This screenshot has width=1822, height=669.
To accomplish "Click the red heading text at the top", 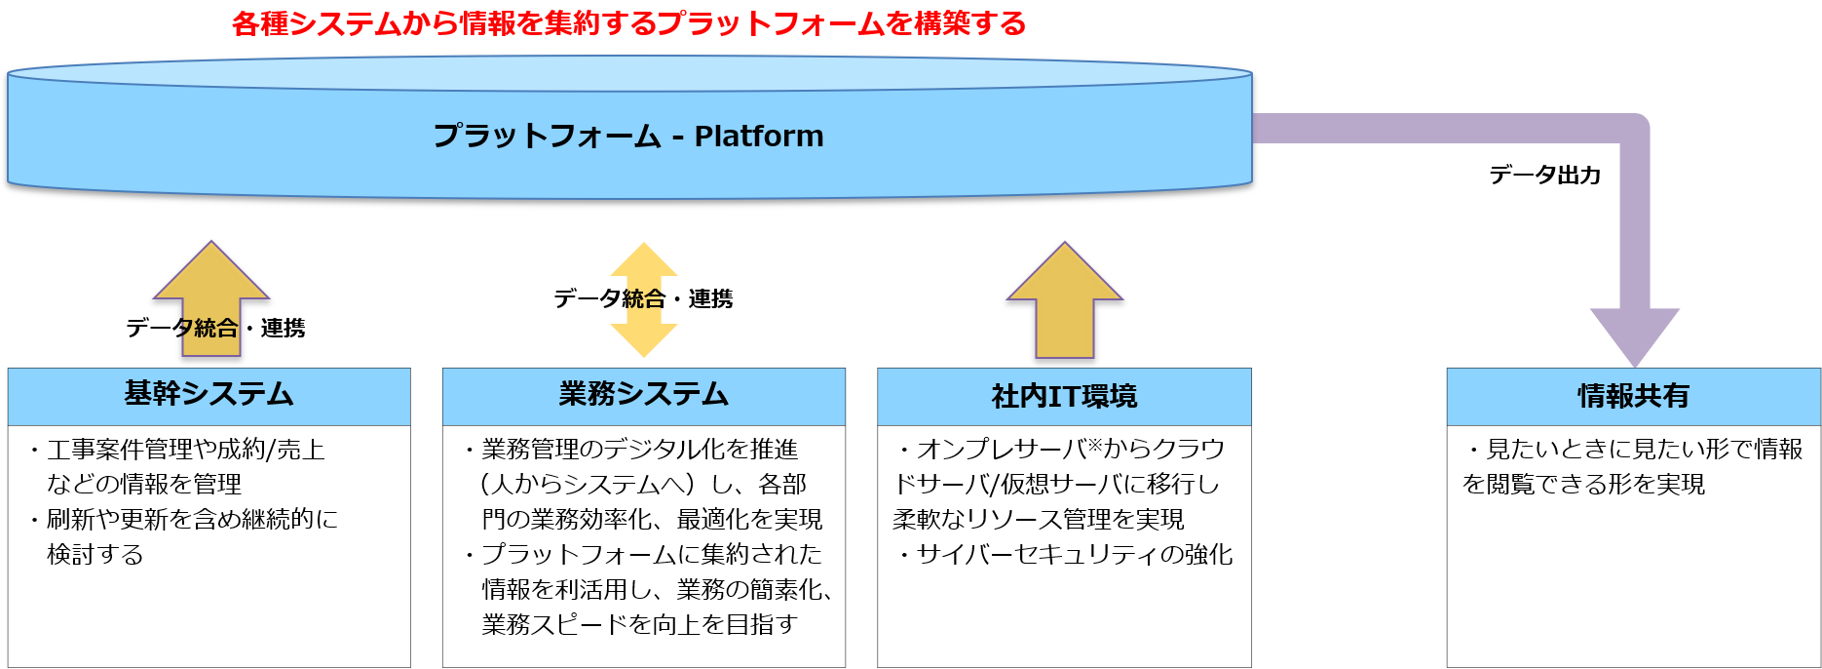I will pos(628,23).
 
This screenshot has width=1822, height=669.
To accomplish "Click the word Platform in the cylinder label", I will pos(759,137).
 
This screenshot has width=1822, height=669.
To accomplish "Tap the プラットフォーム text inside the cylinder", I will pos(547,136).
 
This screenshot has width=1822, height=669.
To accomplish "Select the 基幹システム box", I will pos(209,396).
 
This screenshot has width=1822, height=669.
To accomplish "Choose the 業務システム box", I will pos(643,396).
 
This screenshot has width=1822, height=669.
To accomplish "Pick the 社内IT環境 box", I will pos(1064,396).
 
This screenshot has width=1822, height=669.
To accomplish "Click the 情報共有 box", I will pos(1633,396).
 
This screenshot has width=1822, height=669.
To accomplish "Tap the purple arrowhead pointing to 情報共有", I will pos(1635,334).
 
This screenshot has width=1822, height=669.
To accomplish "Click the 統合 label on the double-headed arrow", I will pos(644,299).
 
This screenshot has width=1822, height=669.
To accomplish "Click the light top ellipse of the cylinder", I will pos(628,73).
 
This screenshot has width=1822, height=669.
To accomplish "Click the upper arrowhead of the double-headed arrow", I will pos(644,261).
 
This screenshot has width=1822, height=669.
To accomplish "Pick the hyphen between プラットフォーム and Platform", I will pos(678,138).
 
